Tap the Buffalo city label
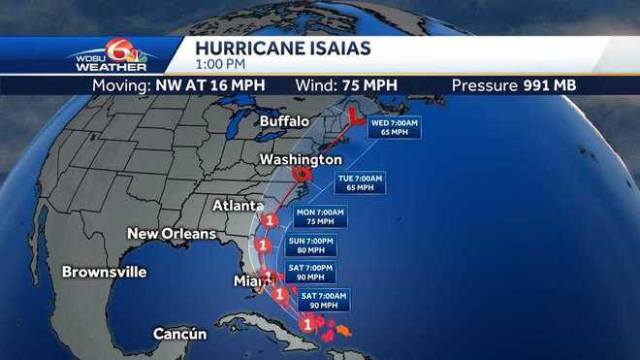pos(284,121)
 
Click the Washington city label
pos(301,159)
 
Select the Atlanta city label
pos(238,207)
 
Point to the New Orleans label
pos(169,234)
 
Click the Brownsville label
pos(104,272)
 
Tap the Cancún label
pos(180,335)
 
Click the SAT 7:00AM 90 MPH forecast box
pos(319,300)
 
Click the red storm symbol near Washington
pos(304,175)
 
